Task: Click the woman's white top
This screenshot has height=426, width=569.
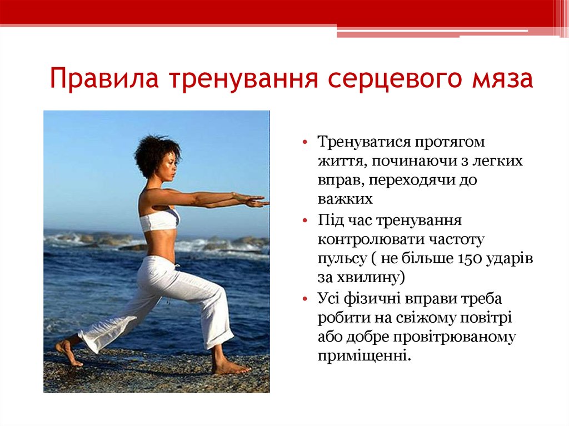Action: click(x=159, y=220)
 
